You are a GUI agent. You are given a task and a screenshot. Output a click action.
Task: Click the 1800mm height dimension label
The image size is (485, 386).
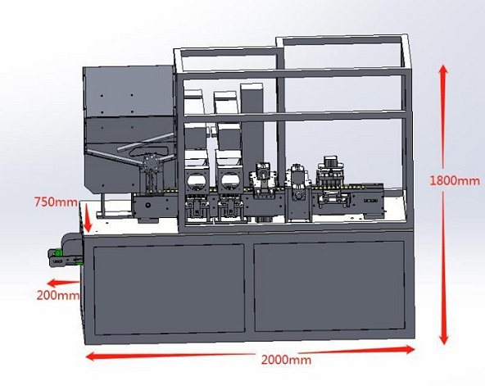pos(455,180)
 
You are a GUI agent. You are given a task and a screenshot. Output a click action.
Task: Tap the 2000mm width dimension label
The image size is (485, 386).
pos(286,360)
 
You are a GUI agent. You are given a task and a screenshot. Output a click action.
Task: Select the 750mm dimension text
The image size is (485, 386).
pos(56,202)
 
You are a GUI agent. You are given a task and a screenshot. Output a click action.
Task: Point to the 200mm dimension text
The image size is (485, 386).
pos(58,296)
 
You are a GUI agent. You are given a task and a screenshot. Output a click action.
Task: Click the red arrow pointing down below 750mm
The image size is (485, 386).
pos(88,218)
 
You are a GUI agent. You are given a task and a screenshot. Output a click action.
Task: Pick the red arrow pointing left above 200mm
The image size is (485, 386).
pos(64,283)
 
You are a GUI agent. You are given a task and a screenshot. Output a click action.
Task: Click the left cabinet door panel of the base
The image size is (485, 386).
pos(170,289)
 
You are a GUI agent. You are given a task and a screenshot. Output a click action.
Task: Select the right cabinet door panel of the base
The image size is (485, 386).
pos(329,287)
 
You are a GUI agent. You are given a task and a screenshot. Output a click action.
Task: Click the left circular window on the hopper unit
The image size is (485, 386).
pos(196,182)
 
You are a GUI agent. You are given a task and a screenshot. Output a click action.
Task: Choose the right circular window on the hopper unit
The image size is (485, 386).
pos(229,182)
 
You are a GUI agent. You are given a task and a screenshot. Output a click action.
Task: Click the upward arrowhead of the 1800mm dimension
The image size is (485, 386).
pos(443,70)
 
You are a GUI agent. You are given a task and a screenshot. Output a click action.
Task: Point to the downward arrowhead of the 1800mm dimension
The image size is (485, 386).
pos(444,337)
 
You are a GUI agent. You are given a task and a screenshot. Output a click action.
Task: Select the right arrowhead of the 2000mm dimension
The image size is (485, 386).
pos(407,349)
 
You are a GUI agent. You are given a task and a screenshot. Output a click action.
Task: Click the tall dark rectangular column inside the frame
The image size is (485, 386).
pos(252,130)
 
